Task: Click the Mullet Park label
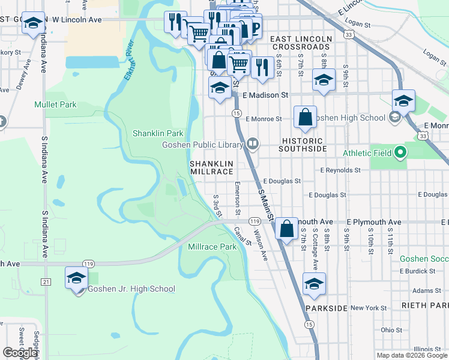[x=55, y=104]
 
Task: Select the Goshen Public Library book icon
[x=253, y=144]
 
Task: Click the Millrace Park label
[x=212, y=247]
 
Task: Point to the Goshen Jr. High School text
[x=131, y=289]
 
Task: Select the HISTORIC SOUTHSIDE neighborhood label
[x=304, y=144]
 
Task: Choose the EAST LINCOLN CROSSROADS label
[x=301, y=43]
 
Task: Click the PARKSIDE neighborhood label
[x=326, y=308]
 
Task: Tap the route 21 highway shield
[x=46, y=281]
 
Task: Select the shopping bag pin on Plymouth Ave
[x=287, y=228]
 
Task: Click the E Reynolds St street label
[x=340, y=170]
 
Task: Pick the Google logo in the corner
[x=20, y=353]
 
